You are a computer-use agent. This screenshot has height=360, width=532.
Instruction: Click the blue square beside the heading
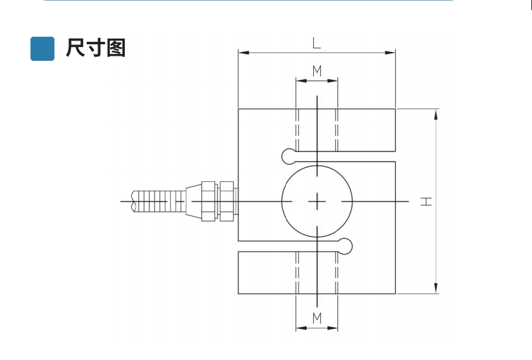point(42,48)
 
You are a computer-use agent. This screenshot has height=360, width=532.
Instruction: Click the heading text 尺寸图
point(96,48)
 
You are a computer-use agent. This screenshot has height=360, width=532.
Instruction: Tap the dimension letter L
point(316,43)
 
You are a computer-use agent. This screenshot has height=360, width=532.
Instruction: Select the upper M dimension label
point(316,70)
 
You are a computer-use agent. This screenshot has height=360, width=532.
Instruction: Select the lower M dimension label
point(316,317)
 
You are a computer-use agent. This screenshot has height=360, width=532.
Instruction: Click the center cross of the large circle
point(316,202)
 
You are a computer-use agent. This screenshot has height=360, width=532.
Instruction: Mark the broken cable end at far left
point(133,202)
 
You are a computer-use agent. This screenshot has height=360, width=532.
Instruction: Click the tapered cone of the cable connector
point(193,202)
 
